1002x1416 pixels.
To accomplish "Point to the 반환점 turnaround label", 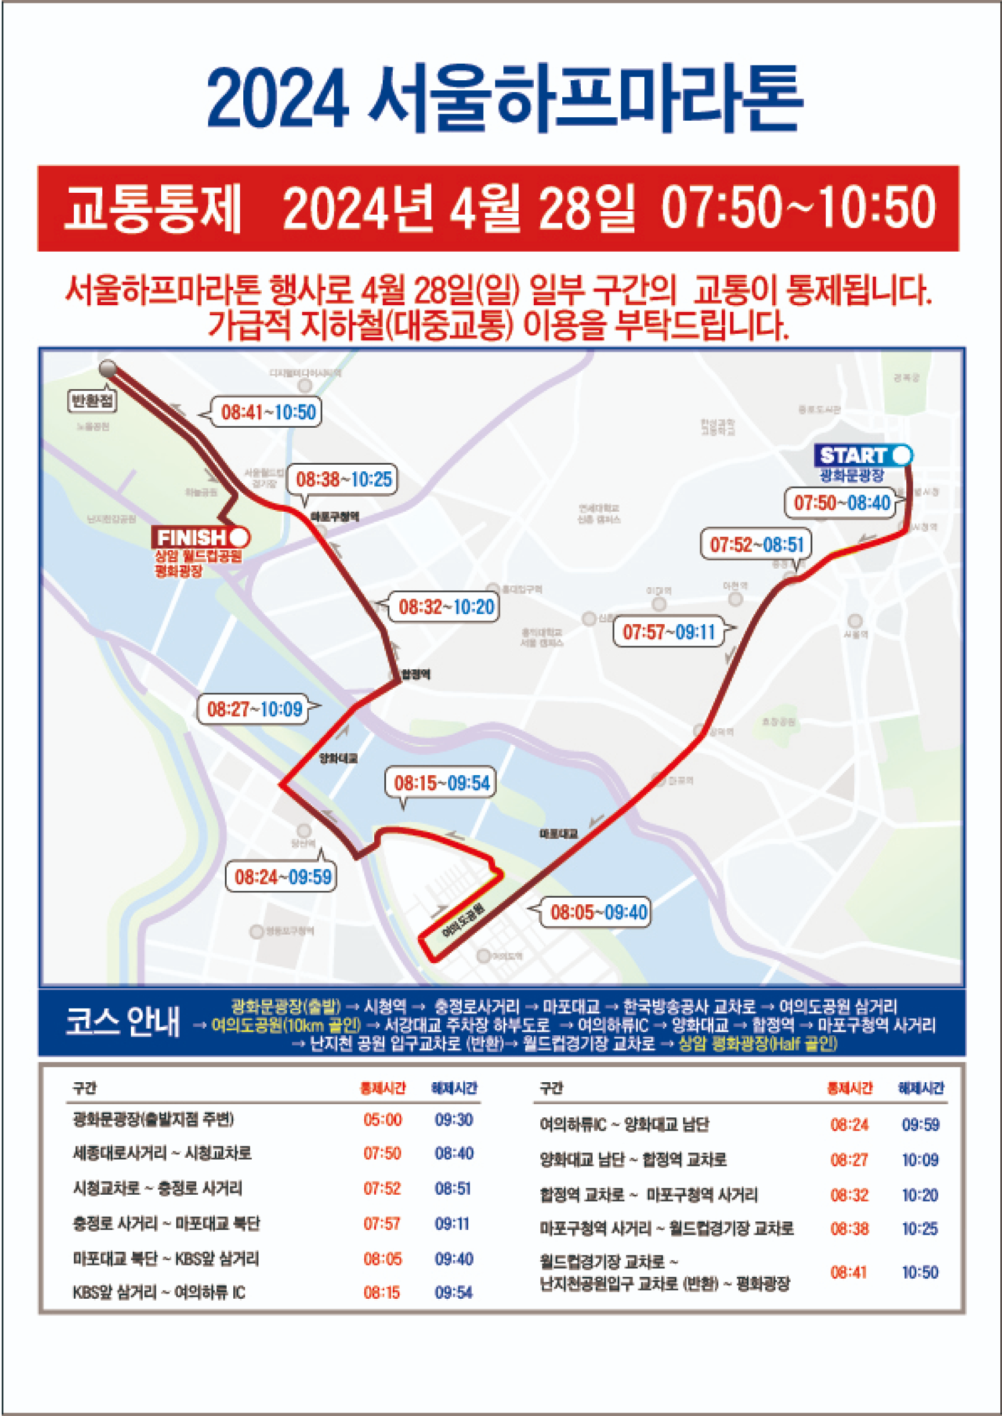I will pos(93,401).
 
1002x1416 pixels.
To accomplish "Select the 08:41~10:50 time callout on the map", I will pos(268,412).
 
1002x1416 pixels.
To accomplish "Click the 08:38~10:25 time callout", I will pos(344,479).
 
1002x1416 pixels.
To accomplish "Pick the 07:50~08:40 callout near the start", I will pos(841,502).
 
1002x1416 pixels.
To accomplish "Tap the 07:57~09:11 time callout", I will pos(668,631).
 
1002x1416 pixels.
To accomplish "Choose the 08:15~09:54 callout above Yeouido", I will pos(441,783).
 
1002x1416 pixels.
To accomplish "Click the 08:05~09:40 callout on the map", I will pos(599,912).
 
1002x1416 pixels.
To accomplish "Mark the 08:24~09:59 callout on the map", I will pos(283,877).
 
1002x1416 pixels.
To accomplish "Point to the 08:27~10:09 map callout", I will pos(255,709).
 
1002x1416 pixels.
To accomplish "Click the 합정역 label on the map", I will pos(416,674).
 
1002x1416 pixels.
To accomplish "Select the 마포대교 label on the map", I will pos(558,834).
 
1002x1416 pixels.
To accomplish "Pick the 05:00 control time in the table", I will pos(383,1120).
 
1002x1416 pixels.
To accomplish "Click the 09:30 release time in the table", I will pos(453,1120).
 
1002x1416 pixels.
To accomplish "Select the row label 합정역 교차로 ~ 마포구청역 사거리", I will pos(649,1195).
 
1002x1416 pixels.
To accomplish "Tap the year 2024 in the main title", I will pos(278,99).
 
